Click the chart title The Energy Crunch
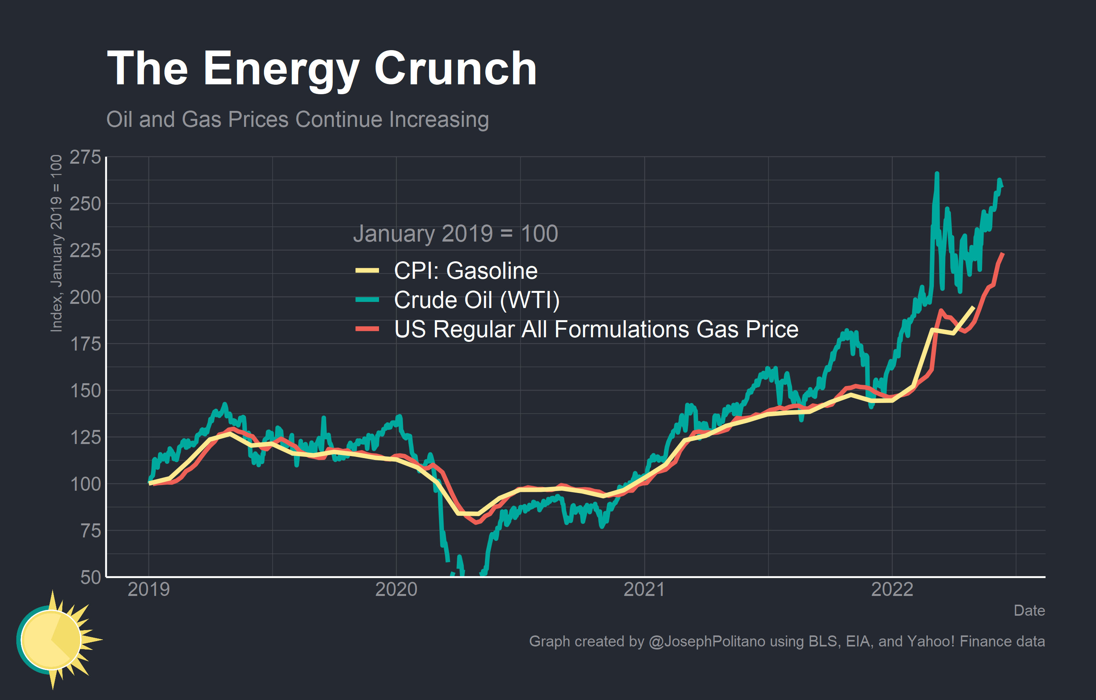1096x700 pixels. click(x=321, y=69)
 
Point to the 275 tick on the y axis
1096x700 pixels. click(x=85, y=158)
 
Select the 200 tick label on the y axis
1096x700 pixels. click(x=85, y=297)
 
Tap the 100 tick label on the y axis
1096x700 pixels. click(x=85, y=484)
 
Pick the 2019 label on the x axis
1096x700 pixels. click(x=148, y=590)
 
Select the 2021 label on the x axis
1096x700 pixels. click(x=644, y=590)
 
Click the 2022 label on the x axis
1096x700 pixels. click(x=892, y=590)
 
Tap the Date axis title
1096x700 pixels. click(x=1029, y=611)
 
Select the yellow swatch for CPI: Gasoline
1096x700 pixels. click(x=367, y=271)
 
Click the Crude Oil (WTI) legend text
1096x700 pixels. click(x=477, y=300)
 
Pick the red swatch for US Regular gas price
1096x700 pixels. click(x=367, y=329)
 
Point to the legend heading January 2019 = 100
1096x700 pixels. click(x=455, y=234)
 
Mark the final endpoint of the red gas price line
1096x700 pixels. click(x=1003, y=253)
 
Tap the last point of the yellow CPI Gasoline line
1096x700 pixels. click(x=974, y=307)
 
